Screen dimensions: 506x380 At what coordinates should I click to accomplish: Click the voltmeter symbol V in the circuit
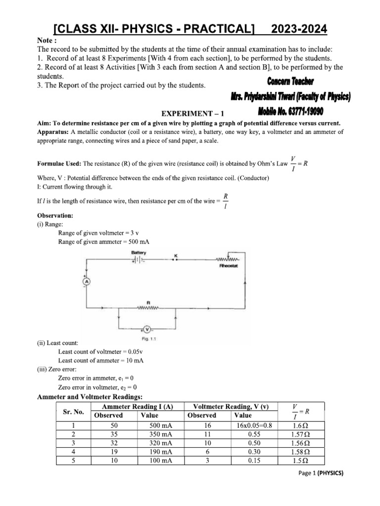click(146, 329)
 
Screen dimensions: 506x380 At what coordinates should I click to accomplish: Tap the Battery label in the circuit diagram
click(139, 253)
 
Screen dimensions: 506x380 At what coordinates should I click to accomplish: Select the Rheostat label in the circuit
click(229, 266)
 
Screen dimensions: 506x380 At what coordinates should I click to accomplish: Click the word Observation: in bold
click(55, 216)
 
